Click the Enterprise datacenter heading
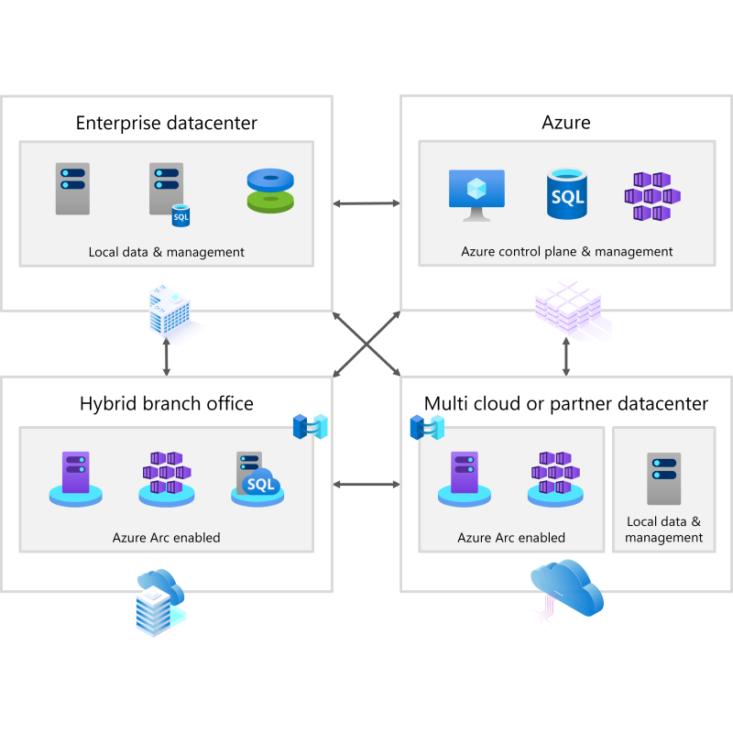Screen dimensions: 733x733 pyautogui.click(x=167, y=123)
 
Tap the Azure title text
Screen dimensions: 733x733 pyautogui.click(x=566, y=123)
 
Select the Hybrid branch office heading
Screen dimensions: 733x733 pyautogui.click(x=167, y=403)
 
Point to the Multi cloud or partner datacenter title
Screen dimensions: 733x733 pyautogui.click(x=566, y=403)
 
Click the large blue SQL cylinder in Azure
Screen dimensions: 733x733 pyautogui.click(x=567, y=194)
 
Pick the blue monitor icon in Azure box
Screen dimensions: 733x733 pyautogui.click(x=476, y=195)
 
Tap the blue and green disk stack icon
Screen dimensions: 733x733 pyautogui.click(x=270, y=191)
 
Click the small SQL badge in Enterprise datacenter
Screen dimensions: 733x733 pyautogui.click(x=181, y=215)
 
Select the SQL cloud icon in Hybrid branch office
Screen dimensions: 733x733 pyautogui.click(x=257, y=479)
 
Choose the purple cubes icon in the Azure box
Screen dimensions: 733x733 pyautogui.click(x=652, y=196)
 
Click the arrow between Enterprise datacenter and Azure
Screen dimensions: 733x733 pyautogui.click(x=366, y=203)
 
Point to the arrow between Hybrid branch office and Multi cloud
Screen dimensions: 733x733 pyautogui.click(x=366, y=485)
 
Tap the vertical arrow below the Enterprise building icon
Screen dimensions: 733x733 pyautogui.click(x=167, y=356)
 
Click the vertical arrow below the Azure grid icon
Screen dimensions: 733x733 pyautogui.click(x=566, y=356)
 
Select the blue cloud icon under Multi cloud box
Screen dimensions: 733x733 pyautogui.click(x=567, y=588)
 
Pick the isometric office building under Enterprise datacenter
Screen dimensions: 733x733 pyautogui.click(x=171, y=310)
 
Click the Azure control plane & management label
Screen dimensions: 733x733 pyautogui.click(x=566, y=251)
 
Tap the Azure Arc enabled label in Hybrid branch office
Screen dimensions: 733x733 pyautogui.click(x=167, y=538)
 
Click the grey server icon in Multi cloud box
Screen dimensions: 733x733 pyautogui.click(x=663, y=478)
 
